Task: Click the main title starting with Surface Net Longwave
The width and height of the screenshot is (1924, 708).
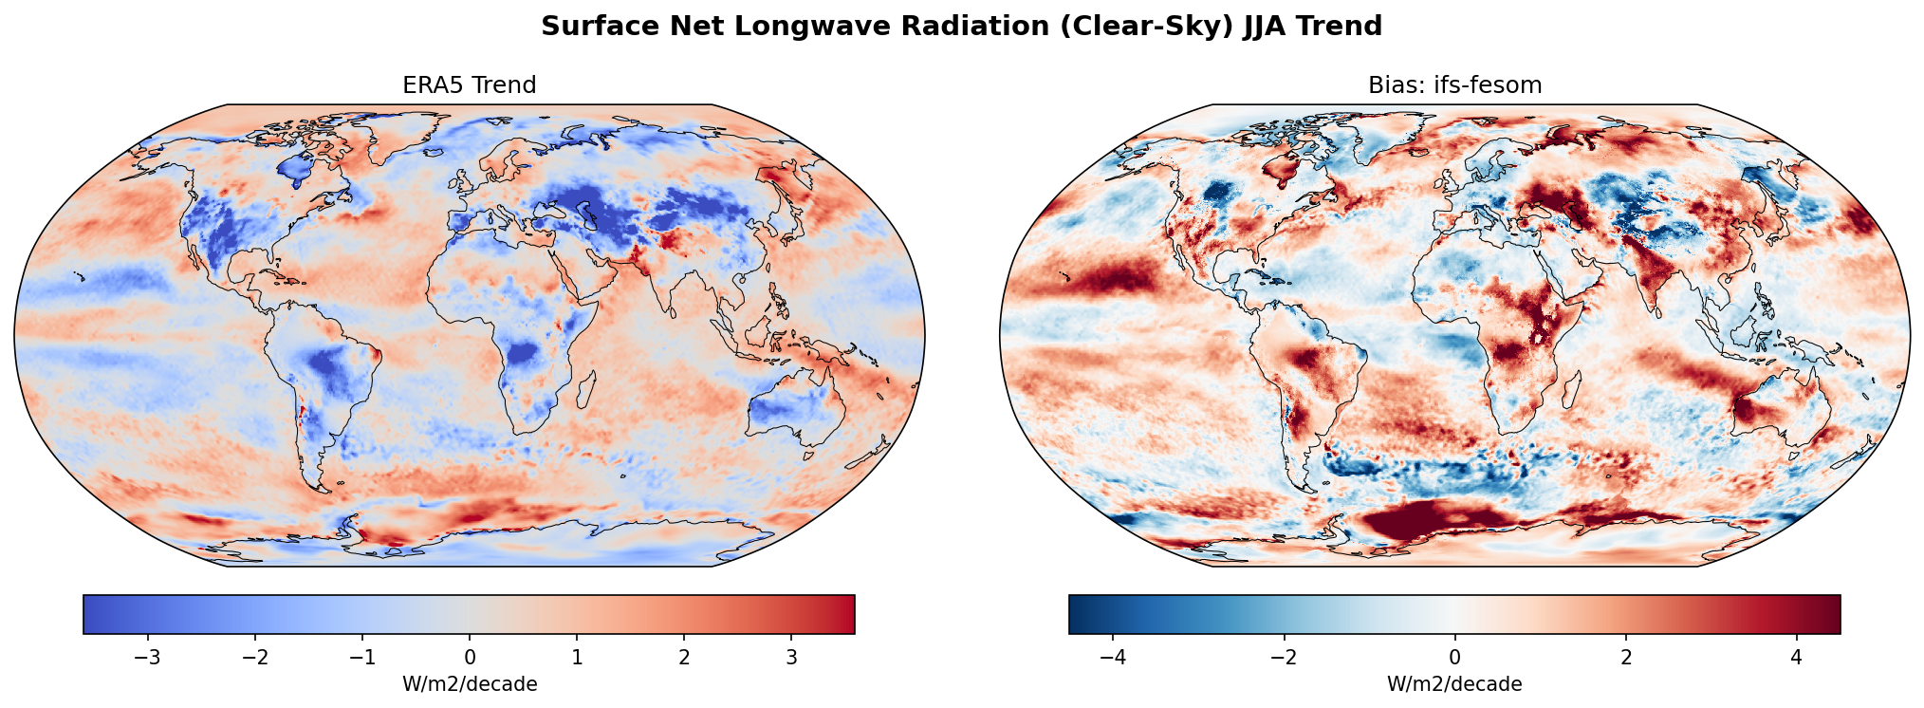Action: tap(961, 27)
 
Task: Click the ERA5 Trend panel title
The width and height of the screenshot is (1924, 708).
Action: tap(469, 85)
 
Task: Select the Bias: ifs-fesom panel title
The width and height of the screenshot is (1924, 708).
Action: tap(1454, 85)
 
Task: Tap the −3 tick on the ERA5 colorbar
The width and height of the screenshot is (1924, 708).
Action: tap(148, 658)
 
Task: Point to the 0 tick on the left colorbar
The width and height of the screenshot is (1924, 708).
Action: tap(470, 658)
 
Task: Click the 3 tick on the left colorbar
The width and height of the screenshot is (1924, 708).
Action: tap(791, 658)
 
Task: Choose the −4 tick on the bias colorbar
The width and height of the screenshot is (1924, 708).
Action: tap(1114, 658)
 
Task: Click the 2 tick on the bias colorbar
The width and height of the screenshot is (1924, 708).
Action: tap(1625, 658)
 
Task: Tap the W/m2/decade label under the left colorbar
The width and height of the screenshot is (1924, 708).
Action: tap(470, 684)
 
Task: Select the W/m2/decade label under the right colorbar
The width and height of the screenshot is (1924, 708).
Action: tap(1454, 684)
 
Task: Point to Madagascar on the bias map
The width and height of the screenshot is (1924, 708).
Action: tap(1571, 390)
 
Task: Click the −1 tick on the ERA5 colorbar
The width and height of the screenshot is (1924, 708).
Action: tap(362, 658)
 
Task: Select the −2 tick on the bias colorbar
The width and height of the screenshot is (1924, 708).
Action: tap(1284, 658)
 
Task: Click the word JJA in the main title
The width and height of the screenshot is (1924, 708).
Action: tap(1265, 27)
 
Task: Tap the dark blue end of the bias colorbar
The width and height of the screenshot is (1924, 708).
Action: tap(1078, 614)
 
